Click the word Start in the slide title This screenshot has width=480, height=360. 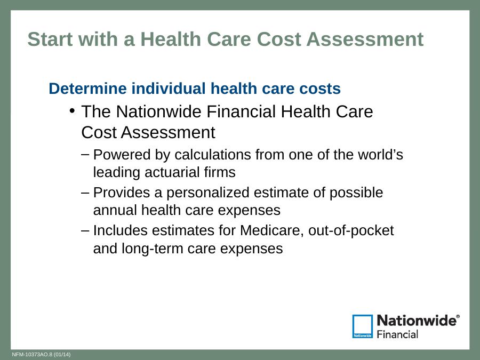pyautogui.click(x=50, y=39)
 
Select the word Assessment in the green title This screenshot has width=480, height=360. pyautogui.click(x=365, y=39)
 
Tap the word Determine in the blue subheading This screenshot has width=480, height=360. pyautogui.click(x=87, y=89)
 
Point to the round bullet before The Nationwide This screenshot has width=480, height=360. pyautogui.click(x=72, y=110)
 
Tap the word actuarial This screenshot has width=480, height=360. pyautogui.click(x=168, y=172)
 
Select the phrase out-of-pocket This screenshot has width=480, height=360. pyautogui.click(x=351, y=230)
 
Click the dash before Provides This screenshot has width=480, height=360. pyautogui.click(x=85, y=193)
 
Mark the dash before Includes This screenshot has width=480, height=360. pyautogui.click(x=85, y=231)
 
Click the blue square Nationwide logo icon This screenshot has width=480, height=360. pyautogui.click(x=363, y=326)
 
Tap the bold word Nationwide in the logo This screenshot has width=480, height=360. pyautogui.click(x=417, y=321)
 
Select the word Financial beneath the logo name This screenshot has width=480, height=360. pyautogui.click(x=397, y=334)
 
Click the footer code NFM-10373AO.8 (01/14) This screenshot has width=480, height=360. pyautogui.click(x=41, y=355)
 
